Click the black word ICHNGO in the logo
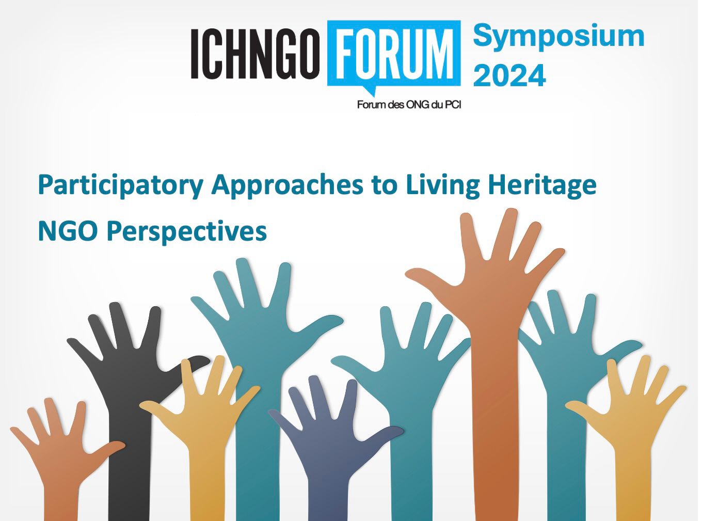(255, 54)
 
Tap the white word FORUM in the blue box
(393, 54)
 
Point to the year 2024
(509, 75)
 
